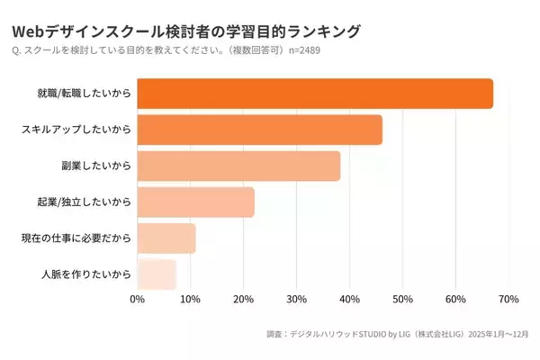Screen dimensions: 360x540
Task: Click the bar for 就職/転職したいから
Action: click(315, 94)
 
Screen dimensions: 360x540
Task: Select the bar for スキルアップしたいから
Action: click(260, 130)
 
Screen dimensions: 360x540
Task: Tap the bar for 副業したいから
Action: click(238, 166)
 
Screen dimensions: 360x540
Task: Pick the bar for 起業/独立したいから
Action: click(196, 202)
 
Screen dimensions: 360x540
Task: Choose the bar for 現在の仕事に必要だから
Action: click(166, 238)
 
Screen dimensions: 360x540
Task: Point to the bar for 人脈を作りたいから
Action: click(157, 274)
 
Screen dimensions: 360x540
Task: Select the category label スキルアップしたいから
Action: click(76, 130)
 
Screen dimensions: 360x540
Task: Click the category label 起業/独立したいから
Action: click(85, 202)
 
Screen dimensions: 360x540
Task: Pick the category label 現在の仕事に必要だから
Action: click(76, 238)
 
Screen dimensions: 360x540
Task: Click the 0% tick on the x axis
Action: click(138, 299)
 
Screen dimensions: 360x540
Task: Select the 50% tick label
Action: click(402, 299)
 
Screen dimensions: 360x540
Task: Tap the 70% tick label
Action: click(508, 299)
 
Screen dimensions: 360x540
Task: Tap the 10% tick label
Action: click(190, 299)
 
